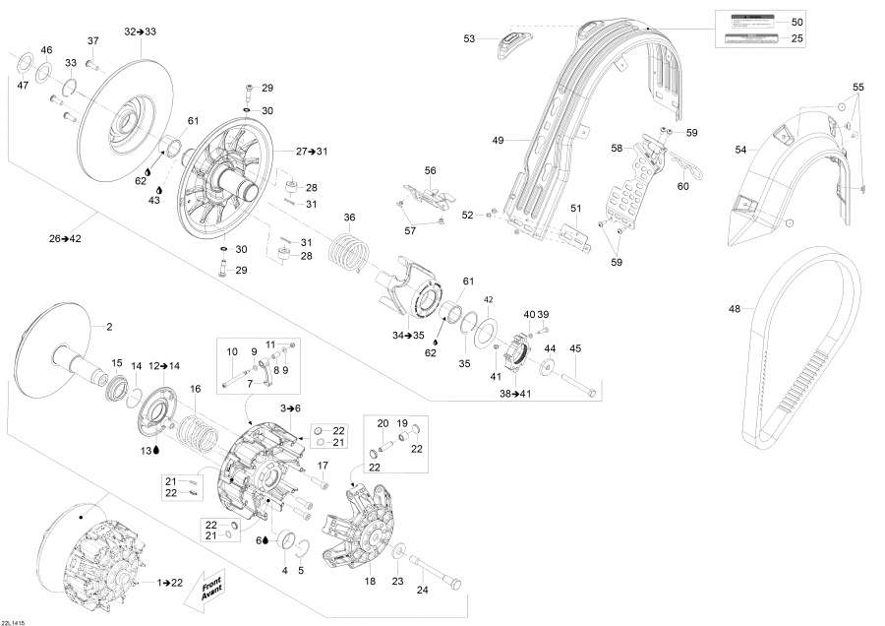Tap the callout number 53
[x=469, y=38]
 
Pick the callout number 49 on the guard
[x=498, y=141]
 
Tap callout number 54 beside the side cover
[x=740, y=150]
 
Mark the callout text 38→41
[x=515, y=391]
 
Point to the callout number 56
[x=430, y=170]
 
